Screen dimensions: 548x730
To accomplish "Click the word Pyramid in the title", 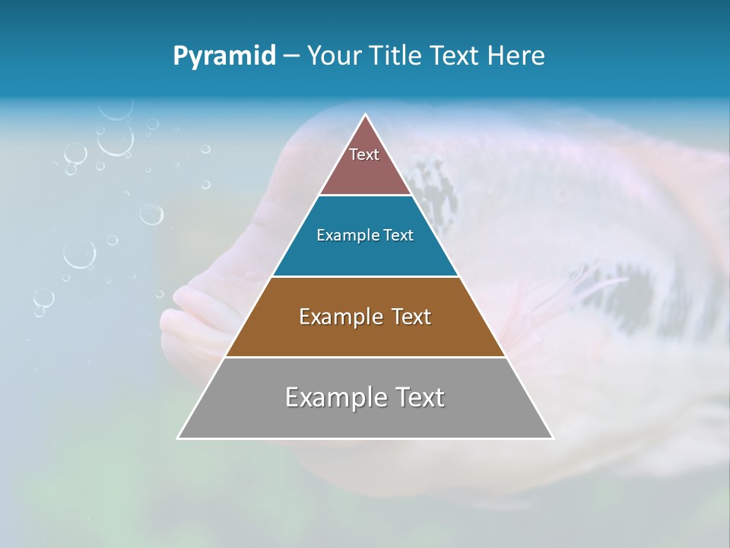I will (x=224, y=56).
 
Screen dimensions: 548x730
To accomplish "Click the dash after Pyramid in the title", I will (x=290, y=56).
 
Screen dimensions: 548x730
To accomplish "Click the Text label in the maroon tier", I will (x=364, y=155).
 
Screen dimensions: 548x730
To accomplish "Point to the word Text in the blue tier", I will (x=398, y=235).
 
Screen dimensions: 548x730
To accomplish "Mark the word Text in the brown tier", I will (x=411, y=317).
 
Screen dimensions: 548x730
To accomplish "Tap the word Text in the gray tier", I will (x=418, y=397).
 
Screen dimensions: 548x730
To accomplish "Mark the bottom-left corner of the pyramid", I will (x=178, y=438).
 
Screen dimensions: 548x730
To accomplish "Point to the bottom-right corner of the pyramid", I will (x=553, y=438).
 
